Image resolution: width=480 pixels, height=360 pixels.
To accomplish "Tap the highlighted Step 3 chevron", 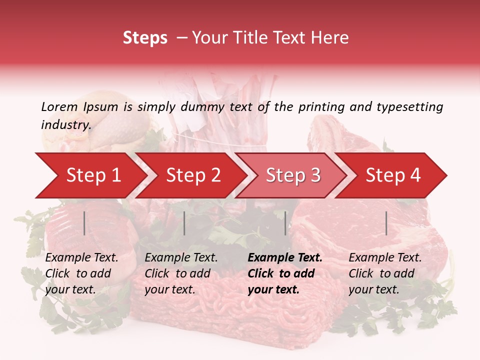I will click(x=293, y=175).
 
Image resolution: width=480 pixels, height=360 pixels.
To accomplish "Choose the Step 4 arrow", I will click(x=393, y=175).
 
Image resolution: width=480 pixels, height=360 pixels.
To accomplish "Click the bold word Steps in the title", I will click(x=145, y=37).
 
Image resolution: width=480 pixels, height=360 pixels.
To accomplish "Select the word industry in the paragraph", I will click(x=65, y=125).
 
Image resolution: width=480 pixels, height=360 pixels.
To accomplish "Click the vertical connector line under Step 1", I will click(x=84, y=223).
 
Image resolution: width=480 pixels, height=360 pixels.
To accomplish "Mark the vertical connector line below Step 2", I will click(x=184, y=223).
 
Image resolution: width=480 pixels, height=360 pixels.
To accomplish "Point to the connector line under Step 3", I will click(x=285, y=223).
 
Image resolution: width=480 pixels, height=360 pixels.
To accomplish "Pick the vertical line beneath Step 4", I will click(x=386, y=223).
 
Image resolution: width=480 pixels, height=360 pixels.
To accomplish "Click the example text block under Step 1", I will click(x=81, y=273).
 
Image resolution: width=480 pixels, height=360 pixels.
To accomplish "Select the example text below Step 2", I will click(x=181, y=273).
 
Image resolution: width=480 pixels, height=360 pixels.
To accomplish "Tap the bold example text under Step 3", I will click(x=285, y=273).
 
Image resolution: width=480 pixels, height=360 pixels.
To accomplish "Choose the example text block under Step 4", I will click(x=385, y=273).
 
